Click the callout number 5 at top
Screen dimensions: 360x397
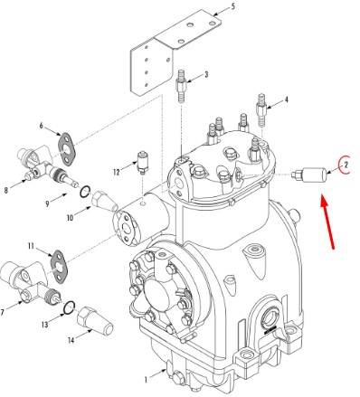233,6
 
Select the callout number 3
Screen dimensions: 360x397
206,74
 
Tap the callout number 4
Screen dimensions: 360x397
286,99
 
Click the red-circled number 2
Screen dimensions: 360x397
346,165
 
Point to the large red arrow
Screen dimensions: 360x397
327,222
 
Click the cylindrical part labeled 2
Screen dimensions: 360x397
309,175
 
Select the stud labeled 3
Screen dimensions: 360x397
181,86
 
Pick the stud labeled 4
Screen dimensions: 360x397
261,109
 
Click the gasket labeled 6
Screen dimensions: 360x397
67,149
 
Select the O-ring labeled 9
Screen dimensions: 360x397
85,192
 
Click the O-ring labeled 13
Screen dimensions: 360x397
70,307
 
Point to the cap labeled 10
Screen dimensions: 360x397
105,201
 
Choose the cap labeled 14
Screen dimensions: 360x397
95,321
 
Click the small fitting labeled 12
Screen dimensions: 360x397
142,163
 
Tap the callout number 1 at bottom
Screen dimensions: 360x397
146,380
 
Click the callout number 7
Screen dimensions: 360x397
3,312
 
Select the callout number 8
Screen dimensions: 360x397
6,191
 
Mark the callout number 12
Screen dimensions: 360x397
117,172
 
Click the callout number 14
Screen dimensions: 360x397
71,340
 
